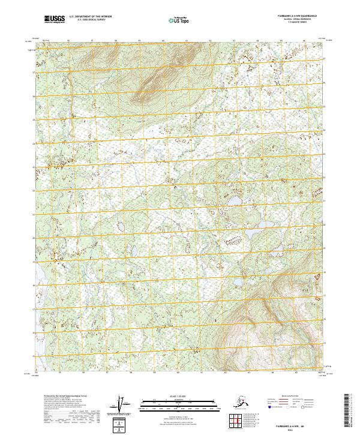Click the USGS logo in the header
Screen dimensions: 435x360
pos(56,20)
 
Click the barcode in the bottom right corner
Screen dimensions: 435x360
pos(351,412)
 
